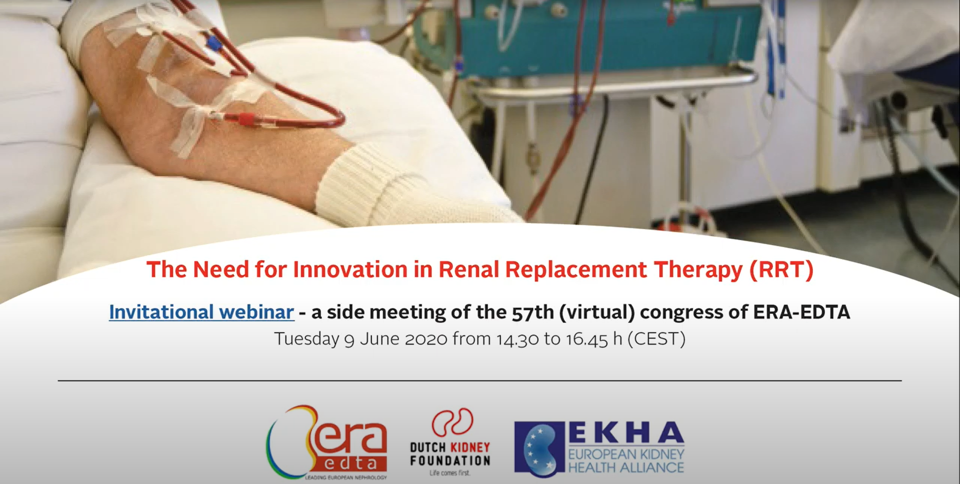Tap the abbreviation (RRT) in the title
[x=781, y=269]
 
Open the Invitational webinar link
[x=201, y=312]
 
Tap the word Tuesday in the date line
[x=306, y=339]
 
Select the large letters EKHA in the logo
[x=626, y=433]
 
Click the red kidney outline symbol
[x=453, y=422]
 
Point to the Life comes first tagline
[x=450, y=472]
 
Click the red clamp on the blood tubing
[x=245, y=120]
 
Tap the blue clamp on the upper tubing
[x=214, y=43]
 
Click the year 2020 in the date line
[x=425, y=339]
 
